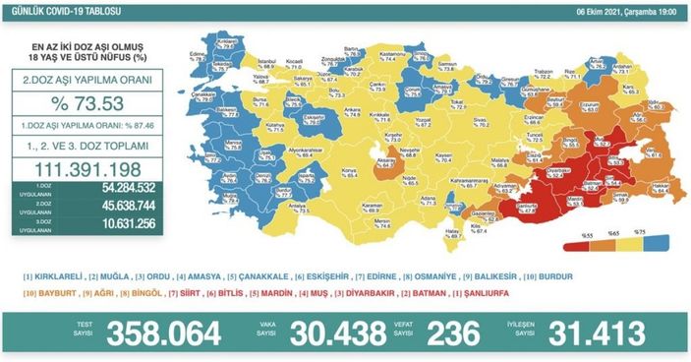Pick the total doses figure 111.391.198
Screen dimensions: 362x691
click(86, 168)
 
